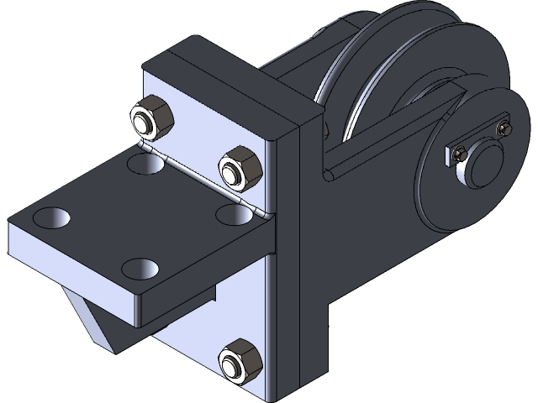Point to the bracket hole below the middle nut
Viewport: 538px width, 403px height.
point(235,214)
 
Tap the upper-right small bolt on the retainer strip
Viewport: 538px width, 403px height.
point(504,129)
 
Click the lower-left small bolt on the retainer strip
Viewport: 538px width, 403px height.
point(458,154)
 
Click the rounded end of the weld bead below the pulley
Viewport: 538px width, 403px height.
point(328,175)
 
